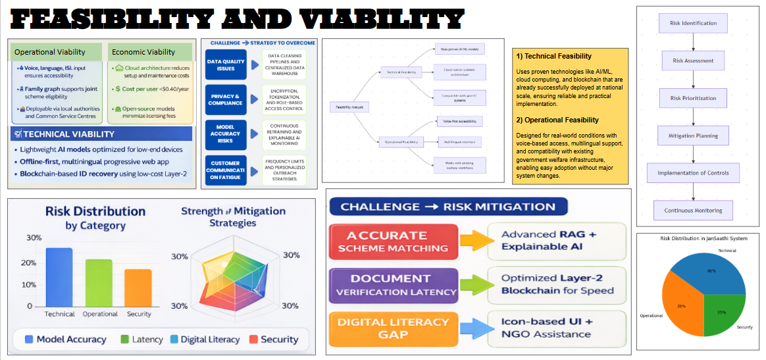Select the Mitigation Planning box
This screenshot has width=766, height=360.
click(x=695, y=136)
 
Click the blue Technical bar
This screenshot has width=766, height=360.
click(x=59, y=276)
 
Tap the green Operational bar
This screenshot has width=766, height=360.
click(x=99, y=282)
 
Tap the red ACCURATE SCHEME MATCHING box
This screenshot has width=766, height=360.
click(x=392, y=242)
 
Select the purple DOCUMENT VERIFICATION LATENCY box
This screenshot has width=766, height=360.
click(x=392, y=285)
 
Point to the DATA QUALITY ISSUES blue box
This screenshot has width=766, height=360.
click(x=225, y=64)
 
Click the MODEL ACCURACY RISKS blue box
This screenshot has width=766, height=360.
click(x=225, y=133)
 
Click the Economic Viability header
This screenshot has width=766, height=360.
click(x=143, y=52)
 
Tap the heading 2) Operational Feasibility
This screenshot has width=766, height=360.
click(x=557, y=120)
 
